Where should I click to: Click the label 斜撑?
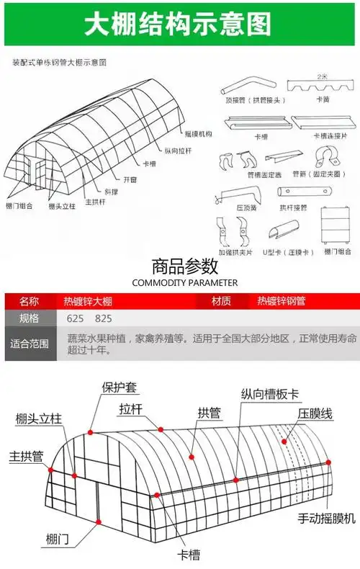pos(112,192)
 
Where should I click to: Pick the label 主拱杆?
pos(94,202)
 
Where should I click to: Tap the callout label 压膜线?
pos(315,414)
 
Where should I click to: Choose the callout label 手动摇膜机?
pos(327,518)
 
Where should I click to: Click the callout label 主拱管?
pos(26,457)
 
